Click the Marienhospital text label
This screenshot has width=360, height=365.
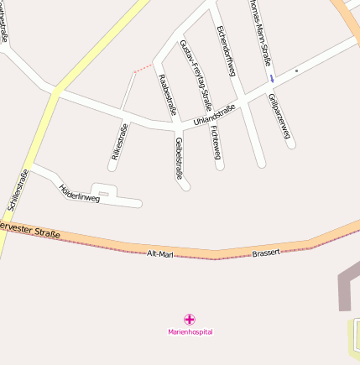click(190, 332)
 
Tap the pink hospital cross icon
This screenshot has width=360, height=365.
click(190, 319)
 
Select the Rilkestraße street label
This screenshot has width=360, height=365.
click(119, 141)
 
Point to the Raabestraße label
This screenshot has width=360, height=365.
click(167, 94)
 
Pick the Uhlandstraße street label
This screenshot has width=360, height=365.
click(214, 116)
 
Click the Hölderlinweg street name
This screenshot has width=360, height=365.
click(80, 194)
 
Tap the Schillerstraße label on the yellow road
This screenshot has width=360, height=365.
click(17, 190)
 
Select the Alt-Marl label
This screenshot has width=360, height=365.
click(159, 253)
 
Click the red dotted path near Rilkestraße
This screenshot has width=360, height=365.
click(143, 67)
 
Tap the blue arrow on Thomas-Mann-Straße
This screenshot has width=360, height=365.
click(271, 79)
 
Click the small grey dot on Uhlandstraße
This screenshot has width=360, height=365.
click(296, 70)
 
